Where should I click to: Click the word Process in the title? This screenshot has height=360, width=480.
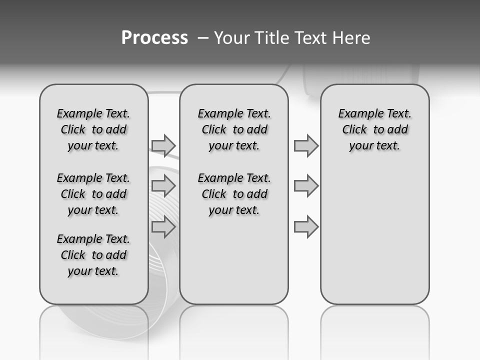point(154,38)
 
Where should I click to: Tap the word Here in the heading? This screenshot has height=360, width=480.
point(352,38)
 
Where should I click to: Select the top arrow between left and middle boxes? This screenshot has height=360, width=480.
point(163,145)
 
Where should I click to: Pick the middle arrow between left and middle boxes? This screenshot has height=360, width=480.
point(163,186)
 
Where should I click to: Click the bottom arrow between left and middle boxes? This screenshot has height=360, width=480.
point(163,227)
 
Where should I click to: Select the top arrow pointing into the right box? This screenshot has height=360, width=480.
point(306,145)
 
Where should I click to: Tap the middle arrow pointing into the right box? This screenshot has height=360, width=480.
point(306,186)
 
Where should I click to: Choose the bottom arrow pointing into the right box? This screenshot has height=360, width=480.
point(306,227)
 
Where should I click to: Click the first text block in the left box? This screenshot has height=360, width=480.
point(93,129)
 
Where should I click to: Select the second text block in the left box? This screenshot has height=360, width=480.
point(93,194)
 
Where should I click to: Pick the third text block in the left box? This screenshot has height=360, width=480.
point(93,255)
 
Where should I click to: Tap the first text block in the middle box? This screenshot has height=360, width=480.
point(234,129)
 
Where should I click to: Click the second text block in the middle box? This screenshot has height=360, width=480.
point(234,194)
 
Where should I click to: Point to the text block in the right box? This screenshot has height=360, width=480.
point(374,129)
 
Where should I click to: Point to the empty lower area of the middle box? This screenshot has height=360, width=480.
point(234,260)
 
